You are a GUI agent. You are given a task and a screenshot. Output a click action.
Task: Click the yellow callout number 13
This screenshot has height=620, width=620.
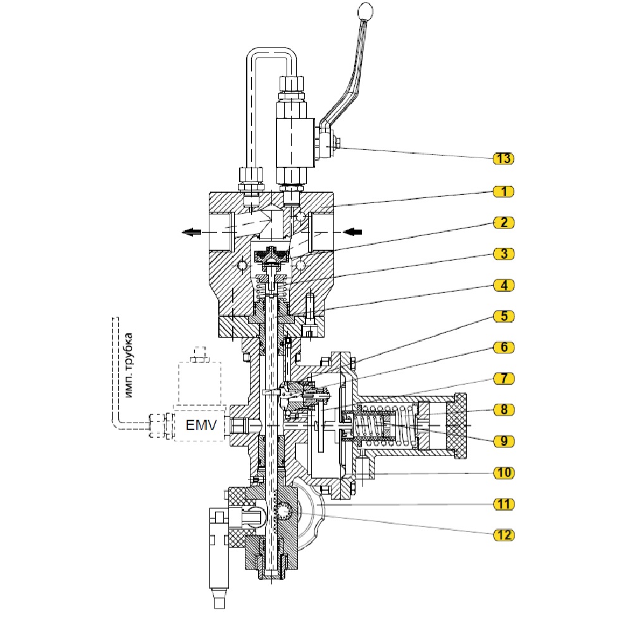[x=503, y=158]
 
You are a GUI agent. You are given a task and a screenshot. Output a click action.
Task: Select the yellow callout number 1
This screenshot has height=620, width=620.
[x=503, y=190]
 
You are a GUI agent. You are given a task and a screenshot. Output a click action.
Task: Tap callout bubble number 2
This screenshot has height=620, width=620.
[x=503, y=222]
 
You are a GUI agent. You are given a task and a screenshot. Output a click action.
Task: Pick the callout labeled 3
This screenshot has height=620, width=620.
[x=503, y=253]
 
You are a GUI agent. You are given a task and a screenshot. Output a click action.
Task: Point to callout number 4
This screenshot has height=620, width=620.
[x=503, y=285]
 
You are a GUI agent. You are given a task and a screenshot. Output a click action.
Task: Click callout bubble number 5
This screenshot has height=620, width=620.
[x=503, y=316]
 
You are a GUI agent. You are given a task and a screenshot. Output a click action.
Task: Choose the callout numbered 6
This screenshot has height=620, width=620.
[x=503, y=347]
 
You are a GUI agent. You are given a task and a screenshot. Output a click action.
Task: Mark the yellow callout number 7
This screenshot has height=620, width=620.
[x=503, y=378]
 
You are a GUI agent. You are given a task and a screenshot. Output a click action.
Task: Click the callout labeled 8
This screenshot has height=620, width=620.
[x=503, y=410]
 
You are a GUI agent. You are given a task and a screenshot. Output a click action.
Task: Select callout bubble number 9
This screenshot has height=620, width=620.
[x=503, y=441]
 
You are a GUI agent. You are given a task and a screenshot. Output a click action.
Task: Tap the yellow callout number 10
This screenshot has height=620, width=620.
[x=503, y=473]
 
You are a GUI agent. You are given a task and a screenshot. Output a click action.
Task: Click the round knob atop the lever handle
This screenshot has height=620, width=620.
[x=366, y=11]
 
